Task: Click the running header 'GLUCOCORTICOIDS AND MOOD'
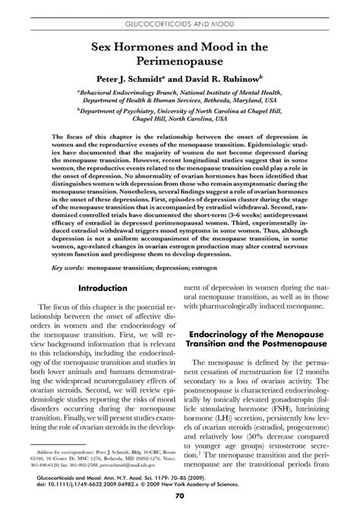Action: coord(180,14)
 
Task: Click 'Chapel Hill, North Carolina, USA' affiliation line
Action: coord(180,119)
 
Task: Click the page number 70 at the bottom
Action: coord(180,496)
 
